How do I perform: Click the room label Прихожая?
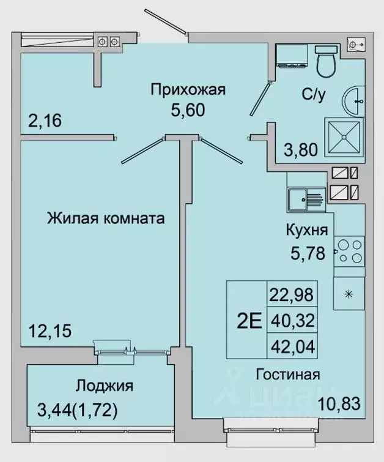click(188, 90)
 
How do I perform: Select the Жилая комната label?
click(106, 218)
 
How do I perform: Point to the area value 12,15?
click(50, 331)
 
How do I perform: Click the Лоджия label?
click(105, 386)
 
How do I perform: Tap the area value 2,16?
click(45, 121)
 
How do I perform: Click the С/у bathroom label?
click(312, 94)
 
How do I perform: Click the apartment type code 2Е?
click(246, 320)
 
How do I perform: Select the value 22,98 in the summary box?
click(291, 294)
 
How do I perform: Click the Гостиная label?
click(288, 374)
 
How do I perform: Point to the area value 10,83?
click(338, 404)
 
